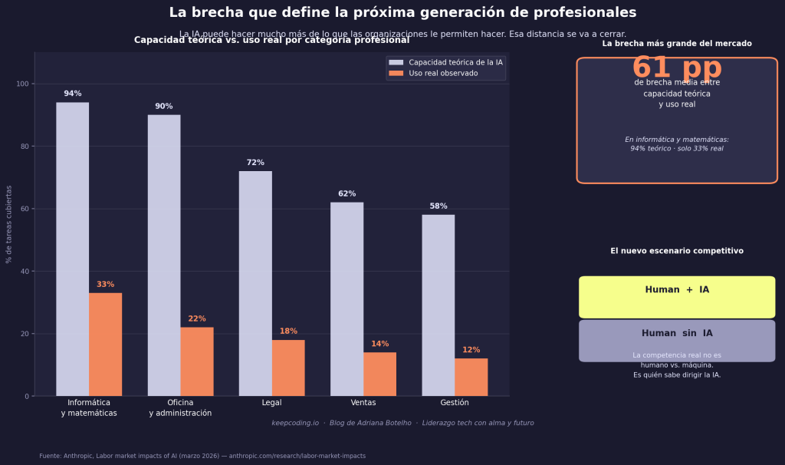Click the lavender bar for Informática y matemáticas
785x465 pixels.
[72, 249]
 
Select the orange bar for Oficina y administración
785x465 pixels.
[197, 361]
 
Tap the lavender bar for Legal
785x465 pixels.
[255, 283]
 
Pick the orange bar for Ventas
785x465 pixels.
[379, 374]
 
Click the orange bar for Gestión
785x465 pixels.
[471, 377]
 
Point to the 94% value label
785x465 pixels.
[72, 94]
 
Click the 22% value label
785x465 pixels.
[197, 318]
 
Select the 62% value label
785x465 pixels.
[347, 193]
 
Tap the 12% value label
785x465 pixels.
[471, 350]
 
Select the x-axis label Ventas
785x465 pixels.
[363, 403]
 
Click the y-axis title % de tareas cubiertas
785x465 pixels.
[9, 224]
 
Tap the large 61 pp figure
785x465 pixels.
[676, 68]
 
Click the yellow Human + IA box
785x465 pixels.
[676, 296]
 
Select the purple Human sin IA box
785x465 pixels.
[676, 340]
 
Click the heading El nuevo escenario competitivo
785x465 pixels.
[676, 251]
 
